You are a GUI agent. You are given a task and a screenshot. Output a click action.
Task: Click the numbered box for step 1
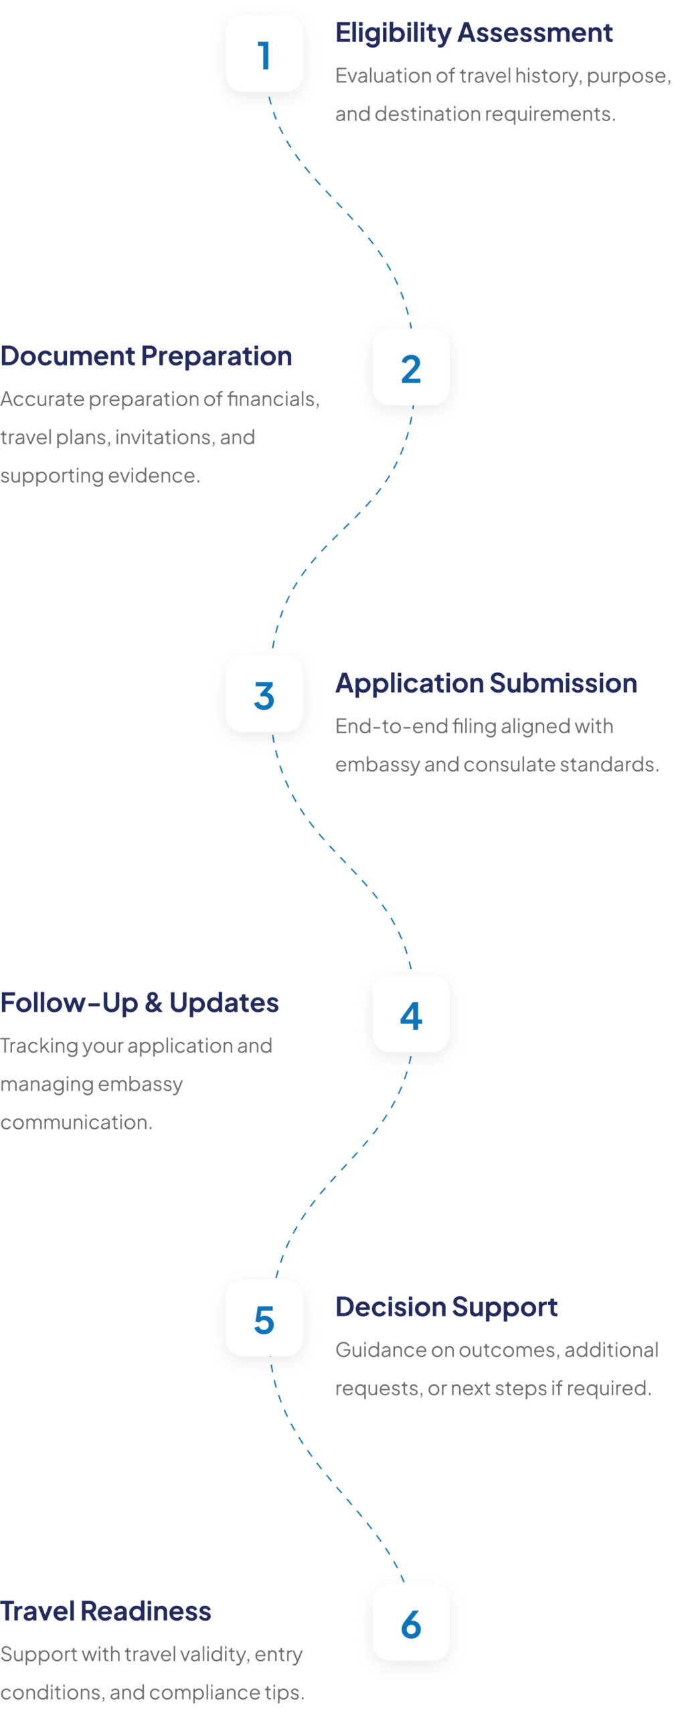click(264, 54)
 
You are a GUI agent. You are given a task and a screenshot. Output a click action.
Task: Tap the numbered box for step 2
click(411, 367)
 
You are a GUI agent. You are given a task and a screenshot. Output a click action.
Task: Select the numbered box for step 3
click(264, 694)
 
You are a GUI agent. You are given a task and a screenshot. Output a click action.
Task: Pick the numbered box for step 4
click(411, 1014)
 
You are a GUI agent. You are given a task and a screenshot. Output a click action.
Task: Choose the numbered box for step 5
click(264, 1319)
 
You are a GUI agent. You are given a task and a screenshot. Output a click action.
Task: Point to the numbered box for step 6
click(411, 1623)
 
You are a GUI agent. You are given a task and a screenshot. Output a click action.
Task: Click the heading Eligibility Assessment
click(474, 33)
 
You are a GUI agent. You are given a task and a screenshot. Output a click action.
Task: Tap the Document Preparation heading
click(146, 357)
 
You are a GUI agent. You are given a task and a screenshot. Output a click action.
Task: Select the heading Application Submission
click(486, 683)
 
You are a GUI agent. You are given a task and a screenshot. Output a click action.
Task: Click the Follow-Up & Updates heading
click(139, 1003)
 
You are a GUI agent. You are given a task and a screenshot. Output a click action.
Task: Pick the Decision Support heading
click(446, 1308)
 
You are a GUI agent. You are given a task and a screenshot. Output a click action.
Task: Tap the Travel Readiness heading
click(106, 1612)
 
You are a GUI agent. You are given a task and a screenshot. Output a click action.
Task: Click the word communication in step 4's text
click(76, 1122)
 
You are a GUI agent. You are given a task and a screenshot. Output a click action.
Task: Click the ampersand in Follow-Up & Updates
click(153, 1003)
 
